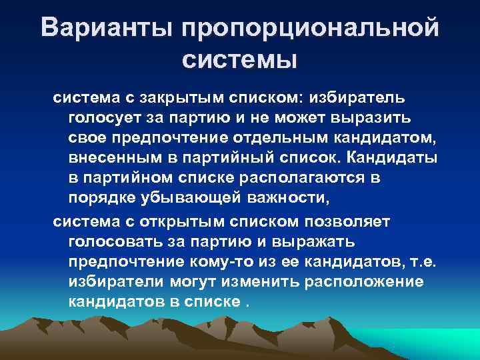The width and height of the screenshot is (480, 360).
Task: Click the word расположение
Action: click(363, 281)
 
